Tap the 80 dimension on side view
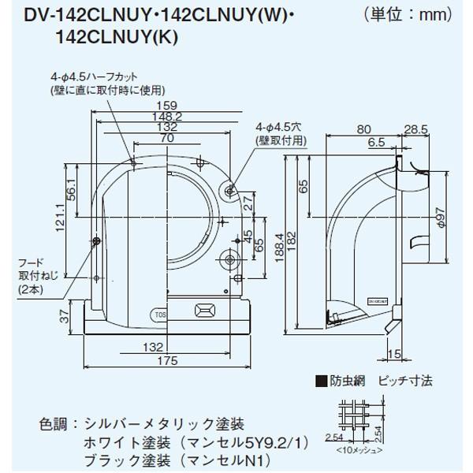tap(363, 129)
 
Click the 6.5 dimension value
tap(376, 143)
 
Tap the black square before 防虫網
tap(321, 380)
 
